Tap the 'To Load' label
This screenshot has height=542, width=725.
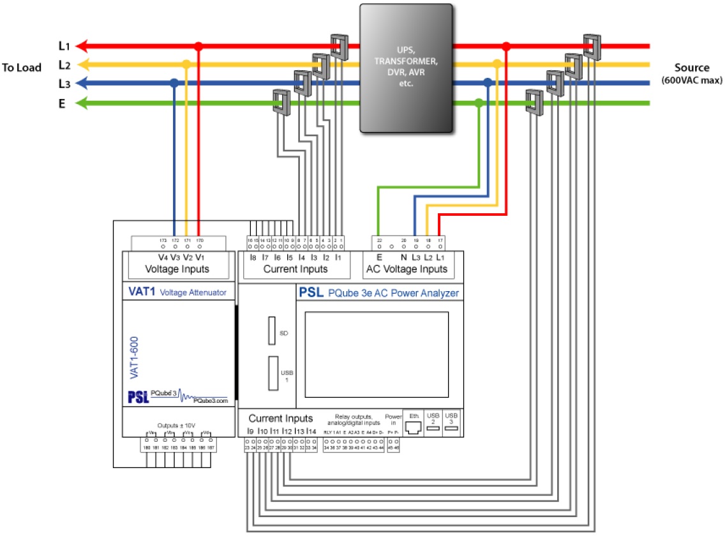coord(21,68)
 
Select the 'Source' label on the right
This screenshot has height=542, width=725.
coord(692,68)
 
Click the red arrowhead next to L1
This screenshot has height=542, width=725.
coord(82,46)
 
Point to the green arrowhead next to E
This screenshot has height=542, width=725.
coord(82,103)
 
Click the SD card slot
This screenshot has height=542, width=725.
coord(272,331)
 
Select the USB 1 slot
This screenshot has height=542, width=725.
coord(273,372)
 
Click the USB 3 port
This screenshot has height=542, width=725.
coord(452,428)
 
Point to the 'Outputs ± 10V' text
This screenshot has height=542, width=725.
coord(176,425)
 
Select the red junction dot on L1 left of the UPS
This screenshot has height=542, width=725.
coord(198,46)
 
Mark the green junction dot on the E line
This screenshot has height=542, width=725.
coord(479,103)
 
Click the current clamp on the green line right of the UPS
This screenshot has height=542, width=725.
coord(534,102)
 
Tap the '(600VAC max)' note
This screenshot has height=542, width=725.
coord(692,80)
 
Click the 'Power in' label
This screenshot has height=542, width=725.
coord(393,419)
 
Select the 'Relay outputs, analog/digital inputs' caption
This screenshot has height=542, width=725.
coord(353,419)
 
